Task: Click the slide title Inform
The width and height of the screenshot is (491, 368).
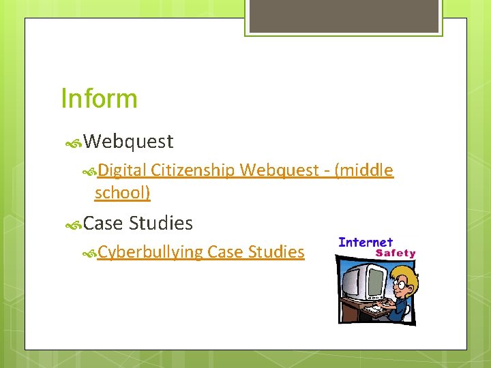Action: point(99,98)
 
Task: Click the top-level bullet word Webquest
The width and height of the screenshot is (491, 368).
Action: point(130,142)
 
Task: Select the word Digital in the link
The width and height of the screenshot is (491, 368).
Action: point(123,170)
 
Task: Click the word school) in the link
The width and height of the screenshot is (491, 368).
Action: point(123,193)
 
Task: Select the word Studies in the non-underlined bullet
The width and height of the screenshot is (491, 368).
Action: point(161,223)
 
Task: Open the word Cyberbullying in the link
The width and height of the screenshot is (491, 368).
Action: point(150,252)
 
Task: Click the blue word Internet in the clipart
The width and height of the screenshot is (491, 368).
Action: point(366,242)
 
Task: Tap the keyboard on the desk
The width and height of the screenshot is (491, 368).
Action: point(374,310)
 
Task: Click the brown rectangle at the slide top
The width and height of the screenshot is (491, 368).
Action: point(342,16)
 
